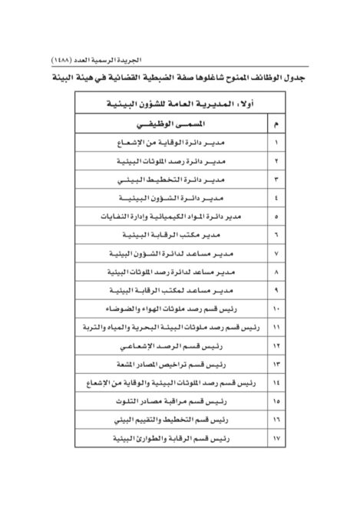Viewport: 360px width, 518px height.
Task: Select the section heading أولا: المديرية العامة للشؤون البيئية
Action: tap(180, 104)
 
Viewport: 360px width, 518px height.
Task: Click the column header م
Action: tap(276, 124)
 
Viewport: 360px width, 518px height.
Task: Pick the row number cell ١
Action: tap(276, 144)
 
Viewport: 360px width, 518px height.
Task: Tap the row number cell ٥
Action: tap(276, 217)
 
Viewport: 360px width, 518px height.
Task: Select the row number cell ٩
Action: tap(276, 290)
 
